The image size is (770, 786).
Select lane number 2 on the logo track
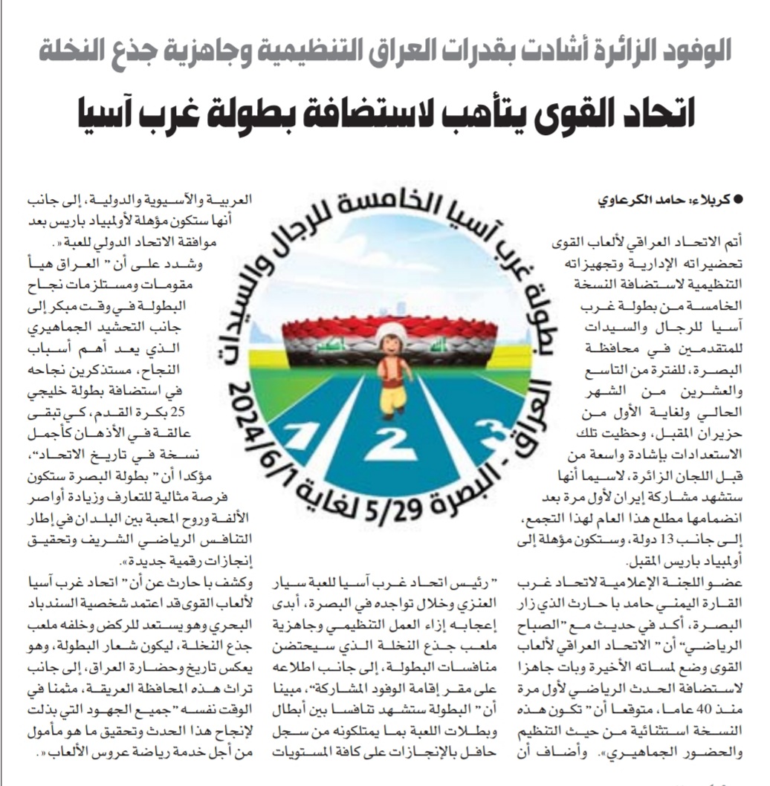coord(392,445)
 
